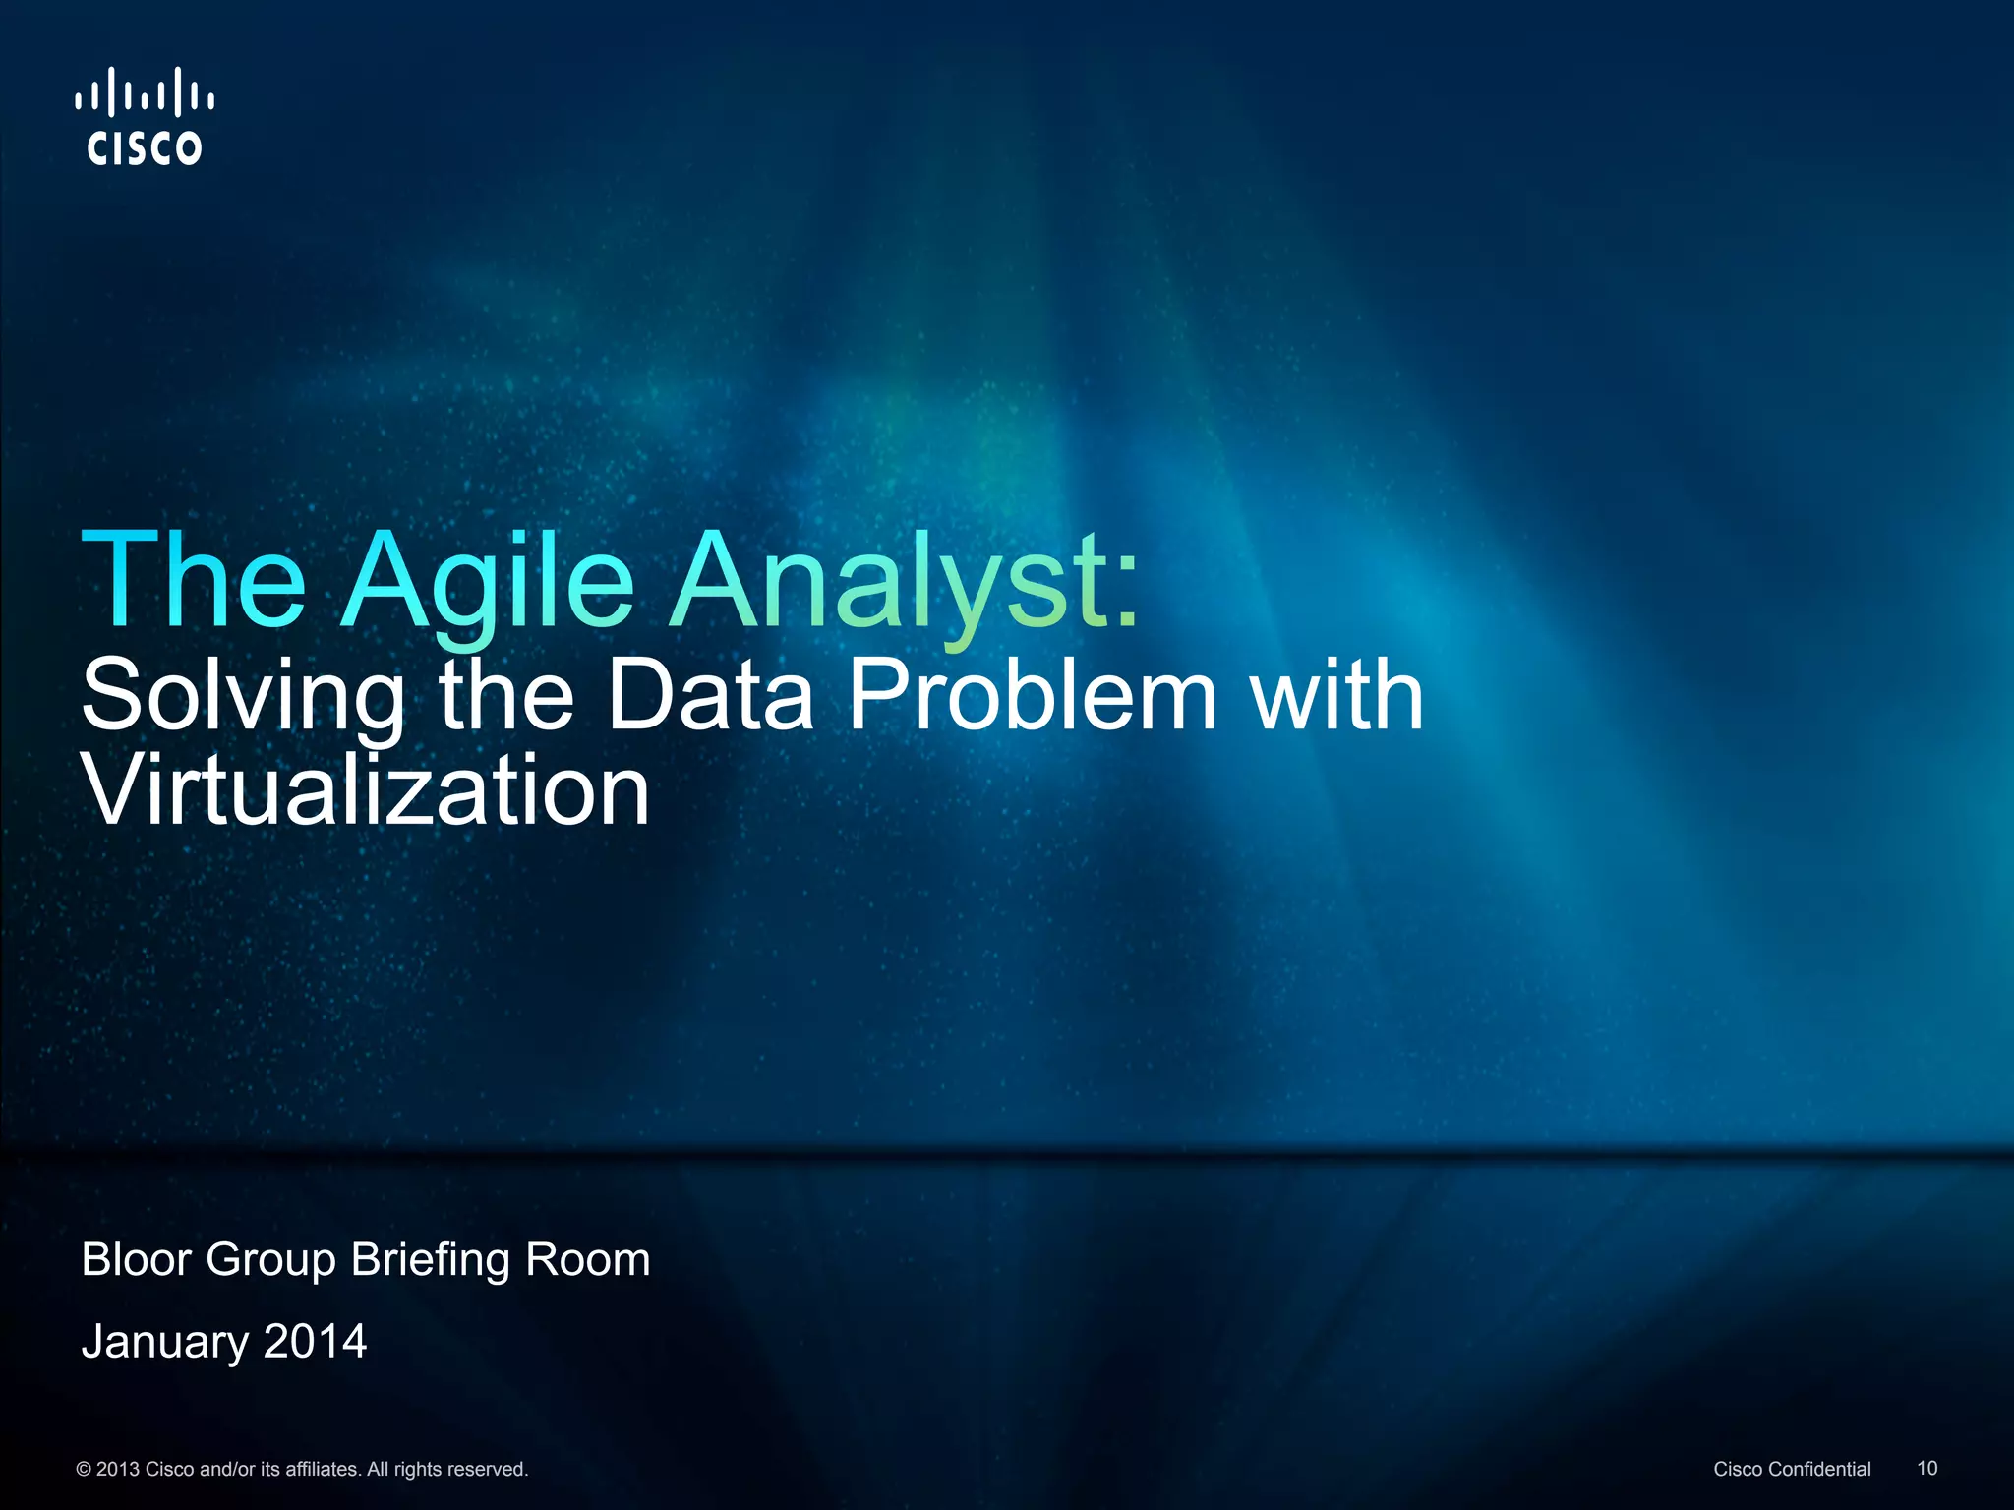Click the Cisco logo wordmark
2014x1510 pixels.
(145, 147)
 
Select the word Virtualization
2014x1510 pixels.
(366, 790)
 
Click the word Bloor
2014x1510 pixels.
(137, 1259)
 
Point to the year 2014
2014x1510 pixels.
(315, 1341)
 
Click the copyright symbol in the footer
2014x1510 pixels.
(84, 1469)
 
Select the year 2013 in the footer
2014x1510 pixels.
(118, 1469)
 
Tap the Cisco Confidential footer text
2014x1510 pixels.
(1792, 1469)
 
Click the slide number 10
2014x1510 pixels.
(1926, 1468)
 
